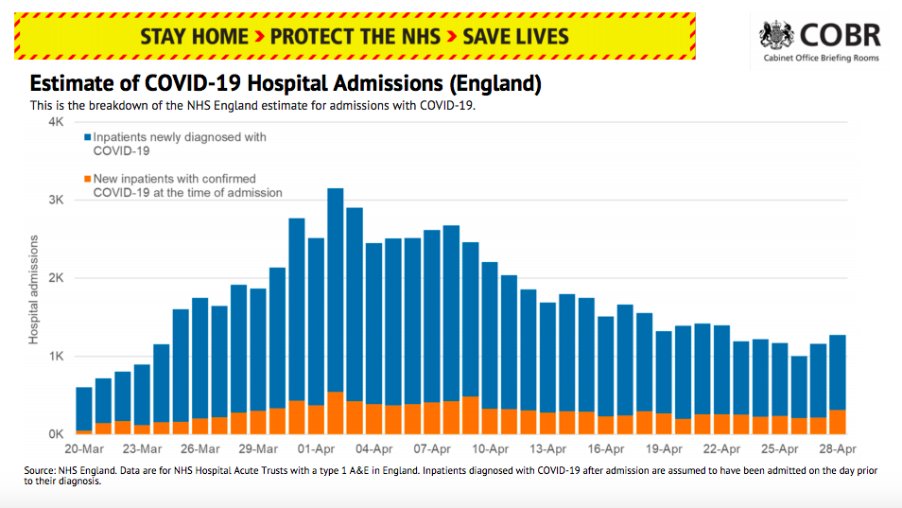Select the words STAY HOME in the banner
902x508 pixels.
point(194,37)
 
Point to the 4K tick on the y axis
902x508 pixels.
point(56,123)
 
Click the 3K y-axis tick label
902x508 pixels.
point(56,201)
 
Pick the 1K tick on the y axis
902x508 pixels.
point(56,357)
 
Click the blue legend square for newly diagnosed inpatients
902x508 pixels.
point(86,138)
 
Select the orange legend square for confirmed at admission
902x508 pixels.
point(86,179)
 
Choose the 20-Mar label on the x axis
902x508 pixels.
point(84,449)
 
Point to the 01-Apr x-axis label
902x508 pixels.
point(317,449)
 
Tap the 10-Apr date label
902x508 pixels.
point(491,449)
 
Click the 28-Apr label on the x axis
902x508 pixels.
point(838,449)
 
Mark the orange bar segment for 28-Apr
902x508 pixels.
point(838,422)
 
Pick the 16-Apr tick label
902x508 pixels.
point(606,449)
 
